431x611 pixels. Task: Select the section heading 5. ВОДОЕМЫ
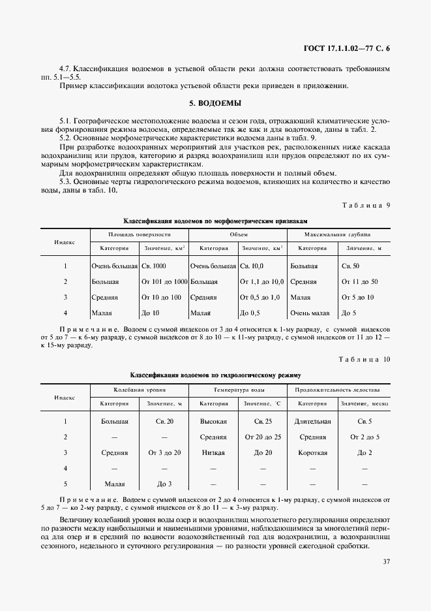coord(215,103)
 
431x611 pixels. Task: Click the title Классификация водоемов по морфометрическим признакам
coord(215,221)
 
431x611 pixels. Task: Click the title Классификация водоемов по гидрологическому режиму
coord(215,375)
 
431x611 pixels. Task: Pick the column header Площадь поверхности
coord(139,234)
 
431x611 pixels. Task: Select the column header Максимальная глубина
coord(338,234)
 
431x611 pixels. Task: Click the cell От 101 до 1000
coord(164,281)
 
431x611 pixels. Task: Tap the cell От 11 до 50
coord(359,281)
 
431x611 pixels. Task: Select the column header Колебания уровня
coord(139,389)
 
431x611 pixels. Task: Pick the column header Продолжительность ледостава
coord(338,389)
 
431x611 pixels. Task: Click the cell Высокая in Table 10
coord(213,421)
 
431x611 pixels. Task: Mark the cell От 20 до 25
coord(259,437)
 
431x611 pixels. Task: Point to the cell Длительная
coord(312,421)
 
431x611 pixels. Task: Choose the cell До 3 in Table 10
coord(164,484)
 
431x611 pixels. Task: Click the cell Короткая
coord(312,452)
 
